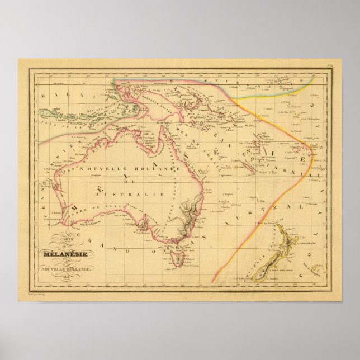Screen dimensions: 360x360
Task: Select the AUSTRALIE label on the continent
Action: pos(132,193)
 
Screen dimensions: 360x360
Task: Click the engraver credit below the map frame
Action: pos(35,291)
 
